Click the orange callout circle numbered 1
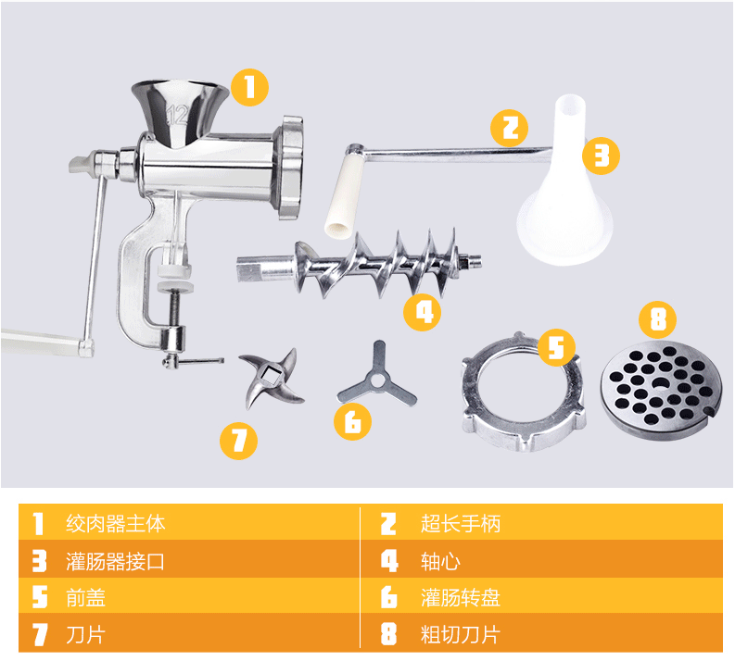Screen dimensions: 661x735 coord(248,87)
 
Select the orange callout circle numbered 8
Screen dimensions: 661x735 coord(658,320)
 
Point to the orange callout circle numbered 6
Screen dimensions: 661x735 coord(353,421)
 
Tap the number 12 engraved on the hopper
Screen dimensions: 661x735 coord(176,116)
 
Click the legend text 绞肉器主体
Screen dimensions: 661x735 coord(116,523)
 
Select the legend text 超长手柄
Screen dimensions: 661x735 coord(461,523)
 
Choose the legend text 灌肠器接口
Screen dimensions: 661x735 coord(116,561)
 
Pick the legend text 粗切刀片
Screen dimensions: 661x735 coord(461,635)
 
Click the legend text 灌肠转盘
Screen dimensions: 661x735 coord(461,598)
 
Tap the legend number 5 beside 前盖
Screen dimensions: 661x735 coord(39,598)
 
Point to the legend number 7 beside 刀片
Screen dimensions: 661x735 coord(39,635)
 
